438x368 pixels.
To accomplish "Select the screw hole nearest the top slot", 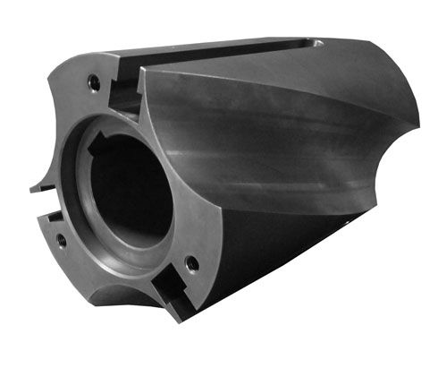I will coord(93,82).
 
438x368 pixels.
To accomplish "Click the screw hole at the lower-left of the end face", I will coord(60,239).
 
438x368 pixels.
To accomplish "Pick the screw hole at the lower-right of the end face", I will coord(190,263).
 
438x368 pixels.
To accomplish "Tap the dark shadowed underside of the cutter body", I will coord(268,260).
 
